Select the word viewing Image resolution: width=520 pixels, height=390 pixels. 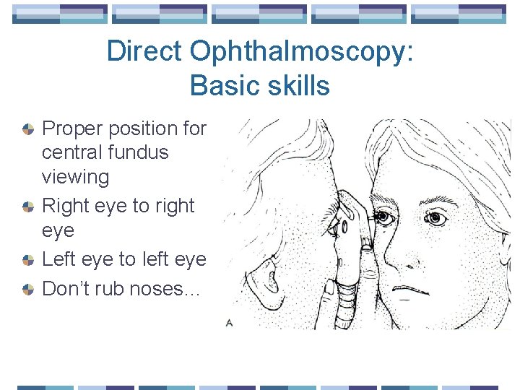pyautogui.click(x=76, y=176)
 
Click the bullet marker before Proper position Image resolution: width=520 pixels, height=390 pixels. pyautogui.click(x=27, y=129)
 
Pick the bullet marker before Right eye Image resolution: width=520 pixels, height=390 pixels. pyautogui.click(x=27, y=207)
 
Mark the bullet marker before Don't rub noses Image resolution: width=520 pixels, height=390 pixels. pyautogui.click(x=27, y=289)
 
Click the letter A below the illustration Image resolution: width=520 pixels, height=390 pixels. pyautogui.click(x=229, y=323)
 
